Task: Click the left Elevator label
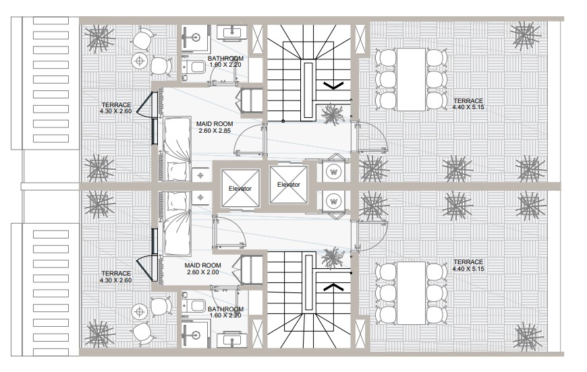(240, 189)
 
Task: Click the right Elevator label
(289, 185)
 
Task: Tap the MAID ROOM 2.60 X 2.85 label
(215, 127)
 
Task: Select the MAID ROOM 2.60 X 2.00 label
(203, 269)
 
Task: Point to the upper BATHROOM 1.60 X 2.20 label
(225, 61)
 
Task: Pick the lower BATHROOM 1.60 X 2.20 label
(225, 312)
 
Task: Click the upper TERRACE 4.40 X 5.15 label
(468, 104)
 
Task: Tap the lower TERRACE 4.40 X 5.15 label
(468, 266)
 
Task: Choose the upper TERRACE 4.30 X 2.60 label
(116, 108)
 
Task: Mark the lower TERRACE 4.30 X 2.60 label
(116, 277)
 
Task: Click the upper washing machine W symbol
(333, 172)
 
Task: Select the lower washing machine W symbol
(333, 201)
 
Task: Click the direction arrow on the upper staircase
(333, 86)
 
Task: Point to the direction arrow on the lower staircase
(333, 287)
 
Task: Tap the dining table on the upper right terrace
(411, 80)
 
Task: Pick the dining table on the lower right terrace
(411, 293)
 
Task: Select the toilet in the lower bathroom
(194, 305)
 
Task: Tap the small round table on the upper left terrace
(140, 60)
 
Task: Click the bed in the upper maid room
(177, 149)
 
